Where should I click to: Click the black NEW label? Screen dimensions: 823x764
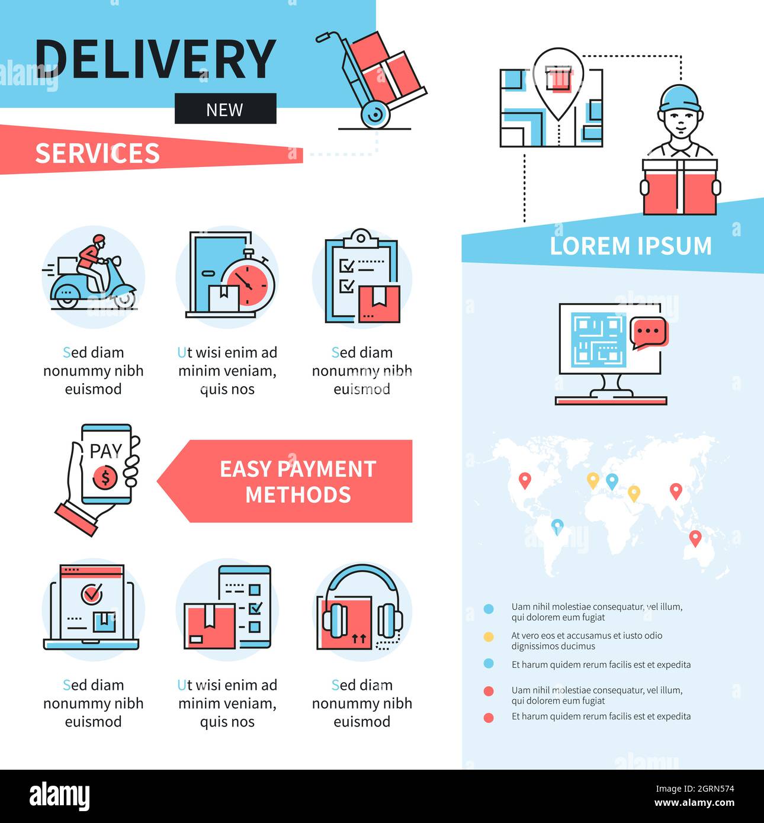[x=225, y=109]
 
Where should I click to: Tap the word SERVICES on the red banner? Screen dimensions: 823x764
[x=97, y=153]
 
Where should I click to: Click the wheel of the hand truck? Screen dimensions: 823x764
[x=375, y=114]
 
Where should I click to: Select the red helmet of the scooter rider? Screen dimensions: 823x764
[x=99, y=239]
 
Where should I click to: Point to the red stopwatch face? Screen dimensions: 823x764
[x=248, y=284]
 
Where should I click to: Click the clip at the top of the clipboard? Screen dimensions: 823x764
[x=361, y=238]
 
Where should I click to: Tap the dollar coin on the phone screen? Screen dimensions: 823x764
[x=105, y=477]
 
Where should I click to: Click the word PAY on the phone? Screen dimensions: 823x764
[x=105, y=451]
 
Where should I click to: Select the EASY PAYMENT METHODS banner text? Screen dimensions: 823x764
[x=298, y=481]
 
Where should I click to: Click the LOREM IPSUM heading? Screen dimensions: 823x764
[x=630, y=246]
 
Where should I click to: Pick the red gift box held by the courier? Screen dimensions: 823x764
[x=680, y=188]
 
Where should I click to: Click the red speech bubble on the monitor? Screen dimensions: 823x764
[x=649, y=332]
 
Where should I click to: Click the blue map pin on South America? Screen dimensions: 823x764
[x=557, y=526]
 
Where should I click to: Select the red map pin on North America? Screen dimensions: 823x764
[x=525, y=480]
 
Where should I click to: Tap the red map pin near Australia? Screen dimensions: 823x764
[x=695, y=538]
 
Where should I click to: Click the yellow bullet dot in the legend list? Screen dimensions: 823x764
[x=489, y=637]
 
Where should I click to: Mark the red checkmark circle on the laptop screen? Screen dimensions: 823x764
[x=92, y=594]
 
